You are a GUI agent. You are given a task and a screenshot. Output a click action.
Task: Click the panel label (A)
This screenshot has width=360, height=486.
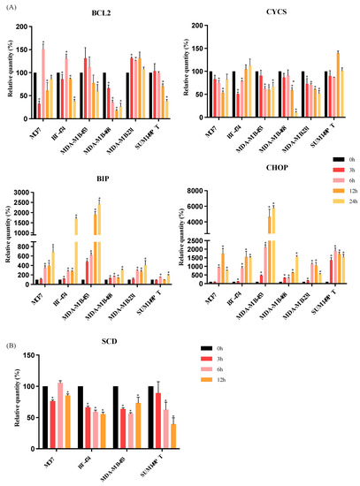click(x=10, y=7)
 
